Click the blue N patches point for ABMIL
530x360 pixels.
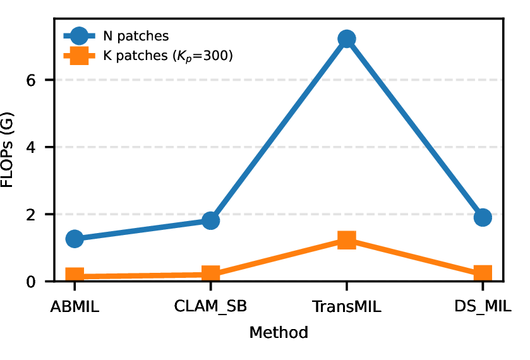tap(75, 239)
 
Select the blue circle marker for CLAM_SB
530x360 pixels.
tap(210, 220)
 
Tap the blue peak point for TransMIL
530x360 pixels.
tap(347, 39)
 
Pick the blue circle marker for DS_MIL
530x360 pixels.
tap(483, 217)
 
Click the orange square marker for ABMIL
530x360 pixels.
tap(75, 275)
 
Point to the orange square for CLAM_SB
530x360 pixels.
tap(210, 273)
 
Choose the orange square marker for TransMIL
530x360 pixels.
tap(347, 239)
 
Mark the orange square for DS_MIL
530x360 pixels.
tap(483, 273)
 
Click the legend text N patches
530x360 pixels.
tap(136, 36)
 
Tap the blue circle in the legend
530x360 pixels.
tap(80, 36)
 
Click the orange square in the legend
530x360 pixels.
tap(80, 56)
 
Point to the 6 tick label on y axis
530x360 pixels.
tap(31, 80)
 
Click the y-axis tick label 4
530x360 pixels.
tap(31, 147)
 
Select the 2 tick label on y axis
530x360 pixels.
tap(31, 215)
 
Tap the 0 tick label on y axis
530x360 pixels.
tap(31, 282)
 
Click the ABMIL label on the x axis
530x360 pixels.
tap(75, 306)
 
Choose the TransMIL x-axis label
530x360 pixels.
tap(347, 306)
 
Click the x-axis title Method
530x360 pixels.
tap(279, 332)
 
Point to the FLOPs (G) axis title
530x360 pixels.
tap(7, 150)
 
